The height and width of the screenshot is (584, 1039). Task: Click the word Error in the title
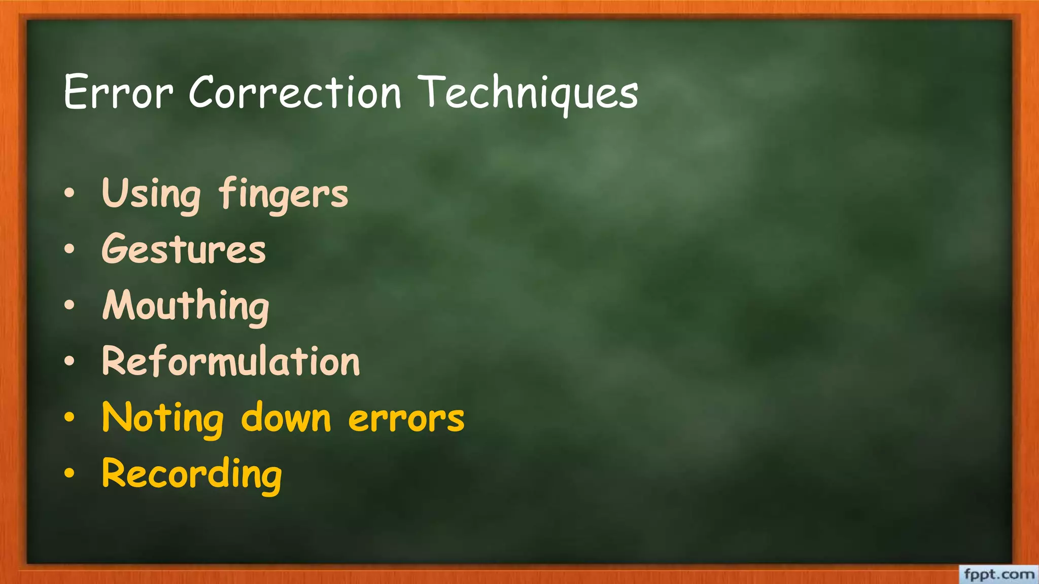(x=118, y=92)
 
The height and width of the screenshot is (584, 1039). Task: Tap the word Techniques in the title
(x=530, y=93)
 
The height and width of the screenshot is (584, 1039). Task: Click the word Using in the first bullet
(x=151, y=194)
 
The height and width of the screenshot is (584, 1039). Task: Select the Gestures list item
(x=184, y=249)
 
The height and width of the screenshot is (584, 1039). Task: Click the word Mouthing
(x=186, y=306)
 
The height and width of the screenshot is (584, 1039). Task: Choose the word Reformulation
(x=231, y=361)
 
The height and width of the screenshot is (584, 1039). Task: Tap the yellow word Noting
(x=162, y=418)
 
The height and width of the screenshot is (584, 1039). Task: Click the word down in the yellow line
(x=286, y=418)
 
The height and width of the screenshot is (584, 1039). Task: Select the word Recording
(x=192, y=474)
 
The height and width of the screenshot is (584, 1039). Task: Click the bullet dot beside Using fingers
(x=70, y=193)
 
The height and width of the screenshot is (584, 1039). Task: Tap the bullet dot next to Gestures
(x=70, y=249)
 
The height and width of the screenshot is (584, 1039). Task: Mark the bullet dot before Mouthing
(x=70, y=305)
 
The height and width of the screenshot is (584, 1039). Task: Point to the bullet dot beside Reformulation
(x=70, y=361)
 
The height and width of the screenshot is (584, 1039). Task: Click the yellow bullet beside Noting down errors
(x=70, y=417)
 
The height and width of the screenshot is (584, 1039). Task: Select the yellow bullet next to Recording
(x=70, y=473)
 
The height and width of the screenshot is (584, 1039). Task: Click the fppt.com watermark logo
(x=998, y=575)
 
